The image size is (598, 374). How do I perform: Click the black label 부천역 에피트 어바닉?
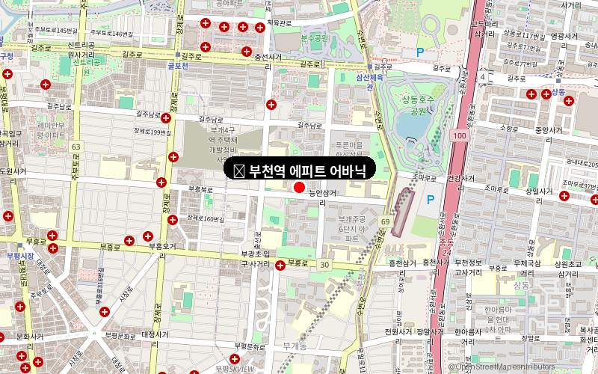(299, 170)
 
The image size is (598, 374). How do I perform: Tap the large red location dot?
(300, 188)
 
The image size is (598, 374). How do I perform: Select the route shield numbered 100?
(460, 136)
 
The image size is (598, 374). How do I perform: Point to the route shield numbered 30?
(324, 265)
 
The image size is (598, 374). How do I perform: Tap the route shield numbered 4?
(484, 77)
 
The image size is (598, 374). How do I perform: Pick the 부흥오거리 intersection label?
(161, 246)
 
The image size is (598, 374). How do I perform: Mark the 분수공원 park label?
(315, 37)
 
